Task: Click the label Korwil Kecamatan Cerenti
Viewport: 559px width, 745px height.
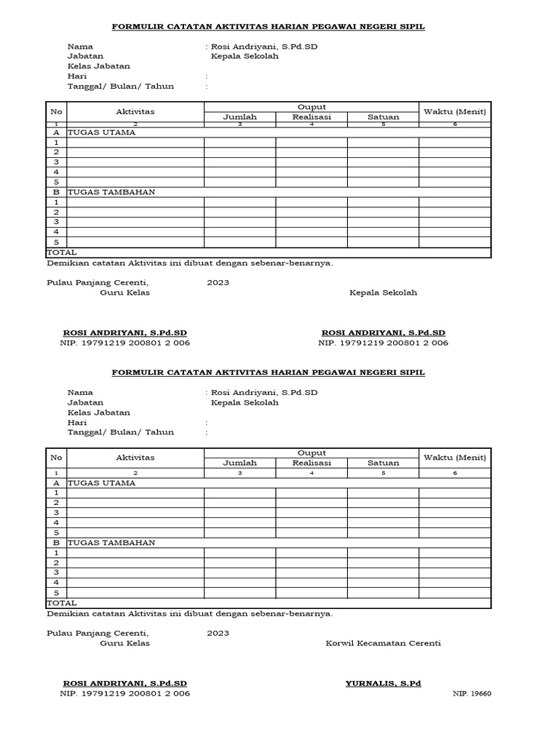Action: coord(383,643)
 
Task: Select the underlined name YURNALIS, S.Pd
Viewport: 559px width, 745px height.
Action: coord(383,684)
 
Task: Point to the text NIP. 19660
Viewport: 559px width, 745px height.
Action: coord(472,694)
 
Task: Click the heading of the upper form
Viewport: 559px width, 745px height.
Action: coord(267,27)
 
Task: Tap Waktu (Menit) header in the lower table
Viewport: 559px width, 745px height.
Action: coord(455,457)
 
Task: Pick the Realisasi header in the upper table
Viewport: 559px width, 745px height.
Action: coord(312,116)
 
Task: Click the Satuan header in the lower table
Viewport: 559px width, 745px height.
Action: coord(383,463)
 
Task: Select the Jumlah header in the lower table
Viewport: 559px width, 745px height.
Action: coord(239,463)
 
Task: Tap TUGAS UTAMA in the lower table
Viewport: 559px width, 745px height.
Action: coord(101,482)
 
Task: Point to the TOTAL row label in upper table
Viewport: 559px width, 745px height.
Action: coord(62,252)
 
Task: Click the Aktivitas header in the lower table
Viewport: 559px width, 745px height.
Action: coord(135,458)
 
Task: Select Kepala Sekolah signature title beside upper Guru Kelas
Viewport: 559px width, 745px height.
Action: coord(383,292)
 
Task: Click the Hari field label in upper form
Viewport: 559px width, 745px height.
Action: coord(77,76)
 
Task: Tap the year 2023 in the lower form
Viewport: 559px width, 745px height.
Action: coord(218,633)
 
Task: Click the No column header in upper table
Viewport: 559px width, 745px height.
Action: coord(56,111)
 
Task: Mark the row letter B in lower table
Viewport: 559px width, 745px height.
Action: coord(56,543)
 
